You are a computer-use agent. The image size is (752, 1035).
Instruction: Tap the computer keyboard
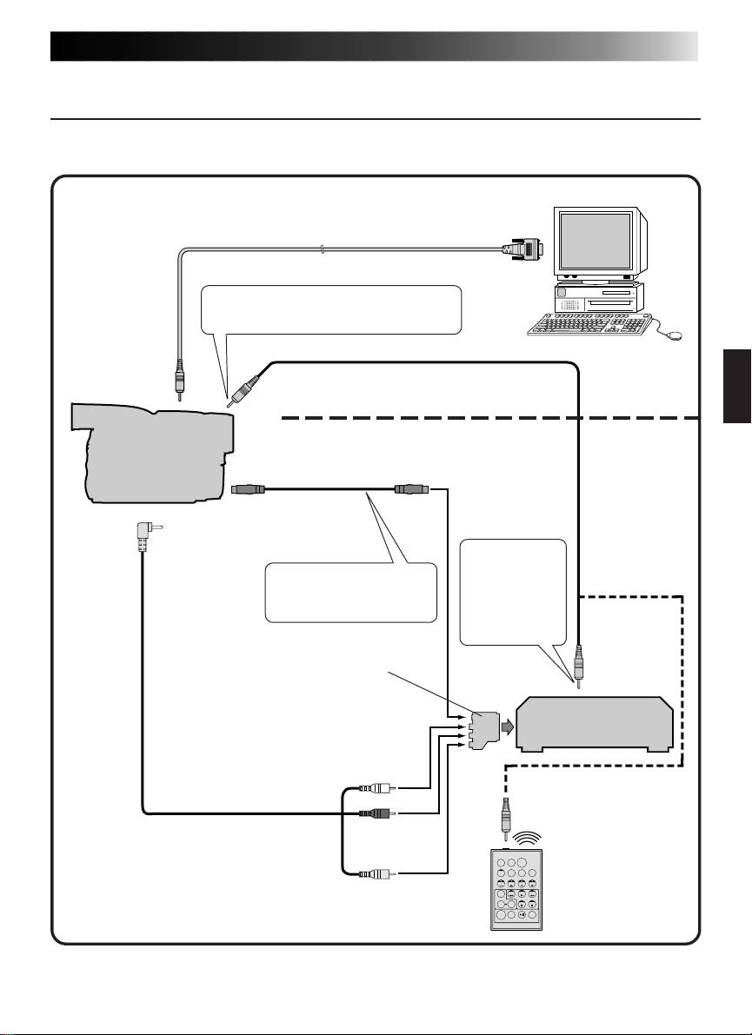(x=592, y=322)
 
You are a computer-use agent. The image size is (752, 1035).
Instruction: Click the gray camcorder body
(x=156, y=452)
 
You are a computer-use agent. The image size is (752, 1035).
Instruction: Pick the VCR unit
(x=595, y=723)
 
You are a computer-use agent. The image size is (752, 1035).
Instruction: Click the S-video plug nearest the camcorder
(x=248, y=489)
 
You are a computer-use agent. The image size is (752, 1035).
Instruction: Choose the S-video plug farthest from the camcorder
(x=409, y=489)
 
